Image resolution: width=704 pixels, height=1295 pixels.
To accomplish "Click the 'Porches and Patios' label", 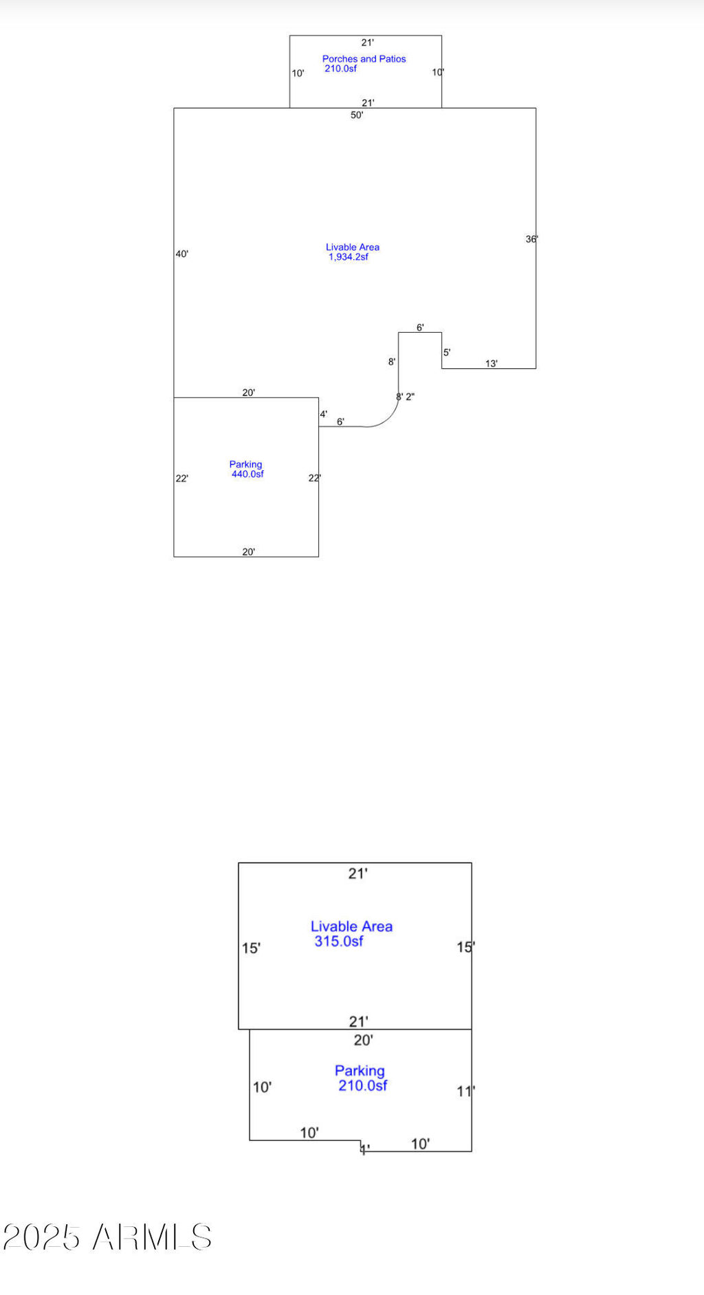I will coord(364,59).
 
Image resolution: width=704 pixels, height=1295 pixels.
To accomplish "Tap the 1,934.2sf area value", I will coord(348,257).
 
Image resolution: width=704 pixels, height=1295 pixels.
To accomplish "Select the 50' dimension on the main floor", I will coord(357,115).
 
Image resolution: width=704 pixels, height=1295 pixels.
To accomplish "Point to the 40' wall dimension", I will coord(181,254).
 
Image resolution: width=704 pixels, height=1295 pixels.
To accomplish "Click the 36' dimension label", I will coord(531,239).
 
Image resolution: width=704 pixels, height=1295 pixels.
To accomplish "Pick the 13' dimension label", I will coord(491,364).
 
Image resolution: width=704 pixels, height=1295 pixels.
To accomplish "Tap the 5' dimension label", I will coord(446,353).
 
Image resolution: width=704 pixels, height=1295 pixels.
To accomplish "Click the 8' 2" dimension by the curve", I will coord(405,397).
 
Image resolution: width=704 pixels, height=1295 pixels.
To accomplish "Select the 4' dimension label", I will coord(323,414).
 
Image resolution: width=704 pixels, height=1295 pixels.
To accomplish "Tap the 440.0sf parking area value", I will coord(247,474).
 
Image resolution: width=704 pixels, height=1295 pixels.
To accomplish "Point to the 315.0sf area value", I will coord(338,941).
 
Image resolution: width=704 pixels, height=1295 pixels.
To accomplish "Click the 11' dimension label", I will coord(465,1091).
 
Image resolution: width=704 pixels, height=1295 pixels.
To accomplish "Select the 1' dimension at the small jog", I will coord(365,1149).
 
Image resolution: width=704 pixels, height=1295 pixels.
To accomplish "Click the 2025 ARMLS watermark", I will coord(107,1237).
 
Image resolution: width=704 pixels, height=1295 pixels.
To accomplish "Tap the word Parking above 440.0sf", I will coord(245,465).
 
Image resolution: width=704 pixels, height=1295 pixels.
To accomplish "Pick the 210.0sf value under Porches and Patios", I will coord(340,69).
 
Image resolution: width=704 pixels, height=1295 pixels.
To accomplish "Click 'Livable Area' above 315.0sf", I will coord(351,927).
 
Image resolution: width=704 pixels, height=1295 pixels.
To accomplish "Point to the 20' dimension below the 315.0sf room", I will coord(363,1040).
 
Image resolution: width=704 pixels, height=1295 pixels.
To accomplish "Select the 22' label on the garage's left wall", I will coord(181,478).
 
